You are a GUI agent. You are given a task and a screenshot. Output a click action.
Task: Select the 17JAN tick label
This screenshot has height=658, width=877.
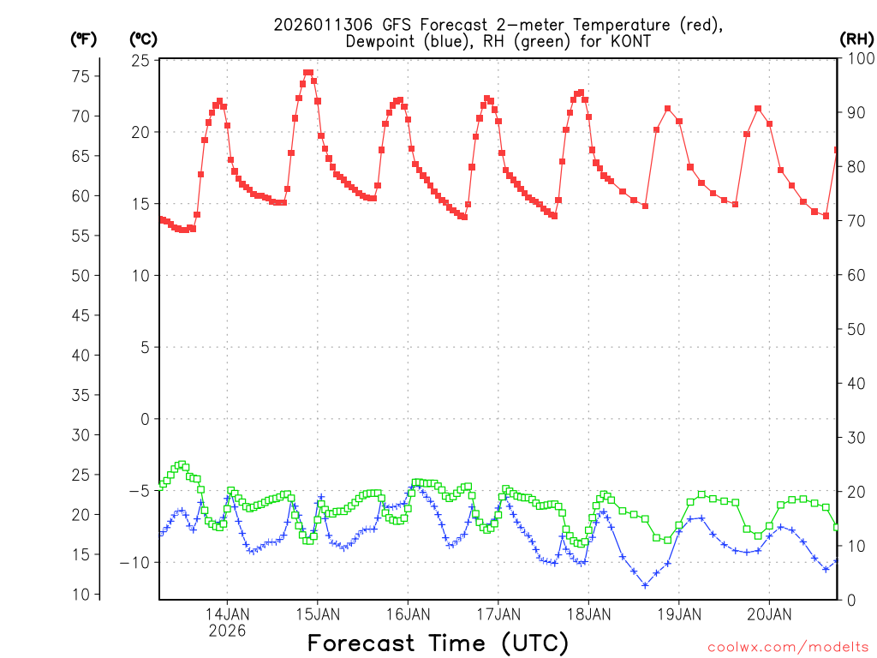point(498,613)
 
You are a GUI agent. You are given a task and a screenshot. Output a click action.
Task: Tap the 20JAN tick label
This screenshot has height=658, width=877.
point(769,613)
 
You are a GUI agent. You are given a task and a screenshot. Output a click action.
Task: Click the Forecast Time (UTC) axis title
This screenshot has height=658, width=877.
point(438,643)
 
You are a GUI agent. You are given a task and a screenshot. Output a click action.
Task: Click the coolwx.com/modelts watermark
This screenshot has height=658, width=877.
point(788,647)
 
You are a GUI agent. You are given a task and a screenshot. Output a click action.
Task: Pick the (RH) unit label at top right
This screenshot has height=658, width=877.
point(856,39)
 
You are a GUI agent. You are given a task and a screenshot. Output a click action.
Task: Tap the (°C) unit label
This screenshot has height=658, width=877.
point(144,39)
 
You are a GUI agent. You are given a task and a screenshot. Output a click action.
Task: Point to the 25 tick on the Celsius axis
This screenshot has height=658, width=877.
point(140,61)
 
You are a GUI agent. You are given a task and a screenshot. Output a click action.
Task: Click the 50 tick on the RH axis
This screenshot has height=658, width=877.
point(854,329)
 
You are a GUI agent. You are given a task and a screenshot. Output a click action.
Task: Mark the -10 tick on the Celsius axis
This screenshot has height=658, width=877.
point(136,563)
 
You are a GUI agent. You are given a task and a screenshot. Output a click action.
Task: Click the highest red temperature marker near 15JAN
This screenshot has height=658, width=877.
point(308,73)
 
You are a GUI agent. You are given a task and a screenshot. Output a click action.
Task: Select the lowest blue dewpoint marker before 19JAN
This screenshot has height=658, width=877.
point(645,585)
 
